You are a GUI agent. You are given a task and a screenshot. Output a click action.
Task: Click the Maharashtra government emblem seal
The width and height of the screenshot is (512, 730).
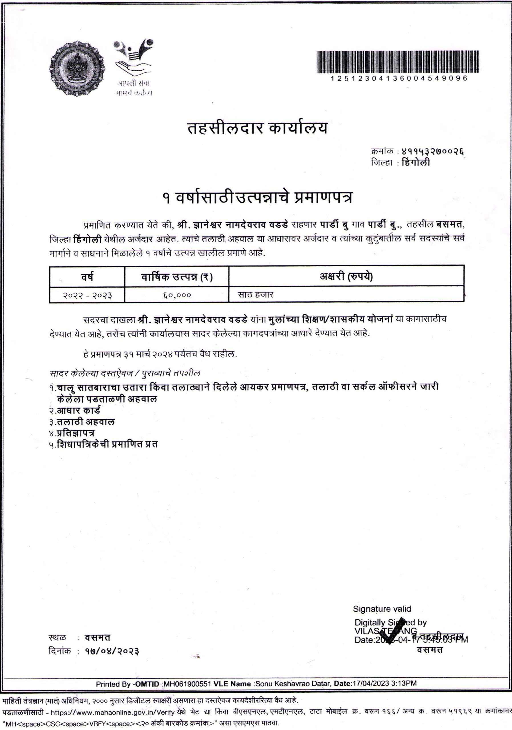click(x=77, y=68)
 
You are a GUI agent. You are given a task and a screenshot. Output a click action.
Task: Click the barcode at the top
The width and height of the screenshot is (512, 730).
click(x=398, y=62)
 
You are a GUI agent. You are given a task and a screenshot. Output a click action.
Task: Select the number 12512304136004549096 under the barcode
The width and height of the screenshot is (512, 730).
click(x=399, y=78)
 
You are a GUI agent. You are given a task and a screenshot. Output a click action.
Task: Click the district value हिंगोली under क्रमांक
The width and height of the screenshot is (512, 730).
click(x=416, y=163)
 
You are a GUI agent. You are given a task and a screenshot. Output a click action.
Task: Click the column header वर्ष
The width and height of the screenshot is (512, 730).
click(x=87, y=277)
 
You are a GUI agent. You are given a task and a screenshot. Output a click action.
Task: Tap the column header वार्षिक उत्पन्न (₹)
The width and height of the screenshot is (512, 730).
click(x=177, y=277)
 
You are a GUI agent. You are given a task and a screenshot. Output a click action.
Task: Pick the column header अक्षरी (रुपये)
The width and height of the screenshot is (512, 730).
click(x=346, y=276)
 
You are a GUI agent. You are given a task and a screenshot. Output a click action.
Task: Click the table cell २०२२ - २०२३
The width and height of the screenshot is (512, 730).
click(x=87, y=295)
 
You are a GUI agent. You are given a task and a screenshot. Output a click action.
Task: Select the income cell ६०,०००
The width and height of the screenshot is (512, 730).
click(x=177, y=295)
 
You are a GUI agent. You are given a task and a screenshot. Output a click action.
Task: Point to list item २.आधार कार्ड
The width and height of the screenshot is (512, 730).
click(x=75, y=410)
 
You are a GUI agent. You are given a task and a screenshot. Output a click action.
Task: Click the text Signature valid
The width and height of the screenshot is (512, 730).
click(x=382, y=609)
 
